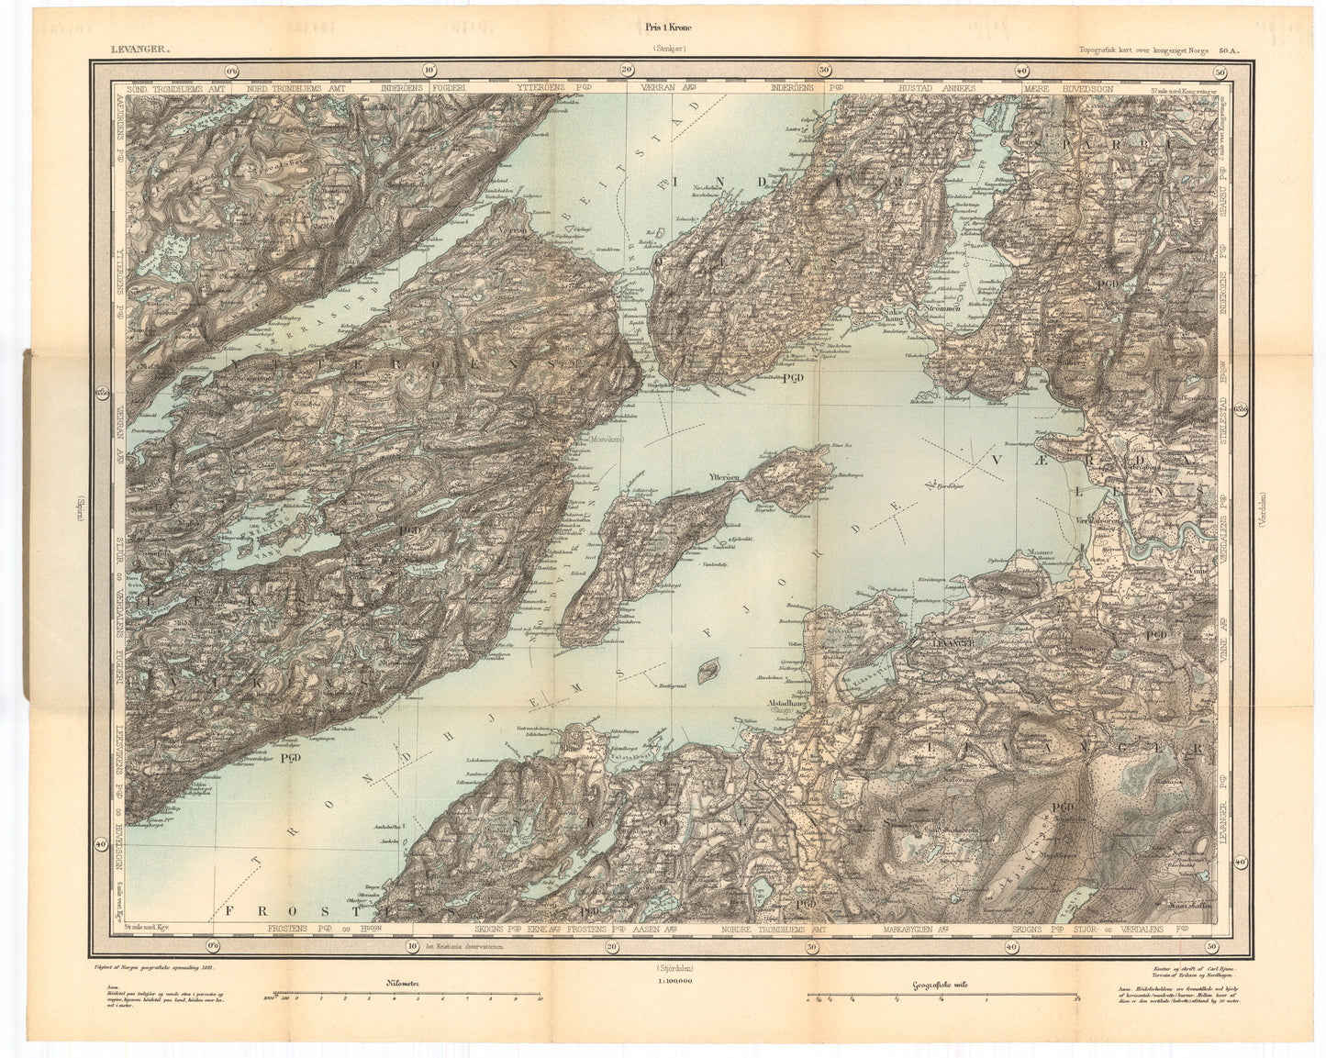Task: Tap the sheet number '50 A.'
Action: (1228, 52)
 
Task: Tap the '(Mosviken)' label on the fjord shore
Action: (601, 440)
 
